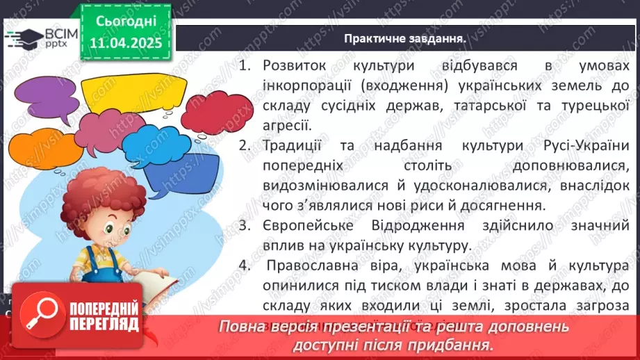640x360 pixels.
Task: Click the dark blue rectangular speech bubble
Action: click(x=182, y=171)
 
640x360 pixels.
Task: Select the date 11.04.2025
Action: click(x=126, y=43)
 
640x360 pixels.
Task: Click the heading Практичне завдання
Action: click(x=404, y=38)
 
